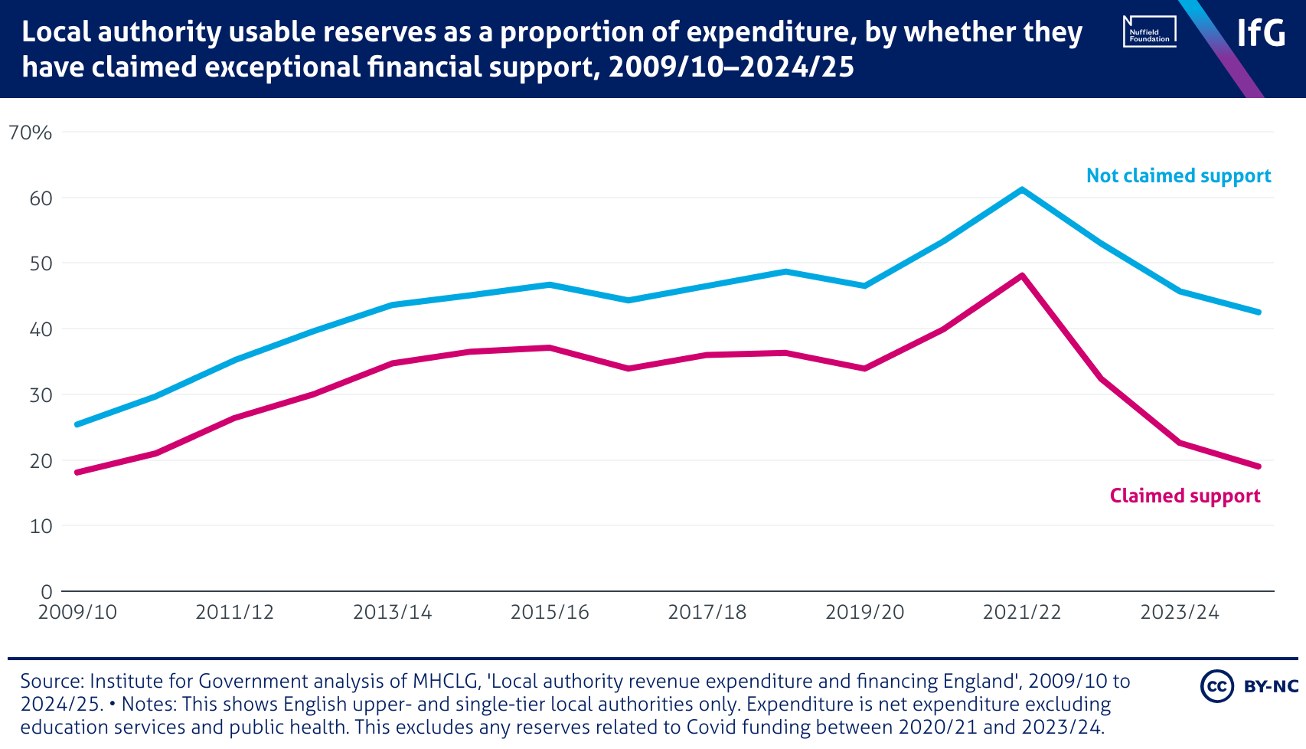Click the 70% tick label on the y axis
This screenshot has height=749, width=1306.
pos(31,132)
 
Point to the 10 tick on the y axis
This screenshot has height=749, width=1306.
pos(41,526)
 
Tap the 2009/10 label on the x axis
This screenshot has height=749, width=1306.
pos(77,613)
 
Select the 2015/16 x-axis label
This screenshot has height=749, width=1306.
pos(550,613)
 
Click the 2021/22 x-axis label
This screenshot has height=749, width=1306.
pos(1022,613)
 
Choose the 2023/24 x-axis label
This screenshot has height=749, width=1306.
pos(1179,613)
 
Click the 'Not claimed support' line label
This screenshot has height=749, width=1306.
pos(1178,176)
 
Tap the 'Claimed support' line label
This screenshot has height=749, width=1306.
pos(1184,496)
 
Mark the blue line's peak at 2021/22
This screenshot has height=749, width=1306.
pos(1022,189)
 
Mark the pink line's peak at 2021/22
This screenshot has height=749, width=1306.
pos(1022,275)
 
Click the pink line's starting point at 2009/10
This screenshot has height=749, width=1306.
pos(77,473)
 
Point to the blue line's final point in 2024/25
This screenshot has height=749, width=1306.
pos(1259,312)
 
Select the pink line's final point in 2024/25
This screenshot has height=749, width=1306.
pos(1259,466)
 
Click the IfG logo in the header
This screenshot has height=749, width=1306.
pos(1261,33)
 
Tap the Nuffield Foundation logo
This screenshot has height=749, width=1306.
pos(1149,32)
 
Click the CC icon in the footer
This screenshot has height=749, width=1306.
pos(1216,686)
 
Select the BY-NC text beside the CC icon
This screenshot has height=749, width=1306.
pos(1272,686)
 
